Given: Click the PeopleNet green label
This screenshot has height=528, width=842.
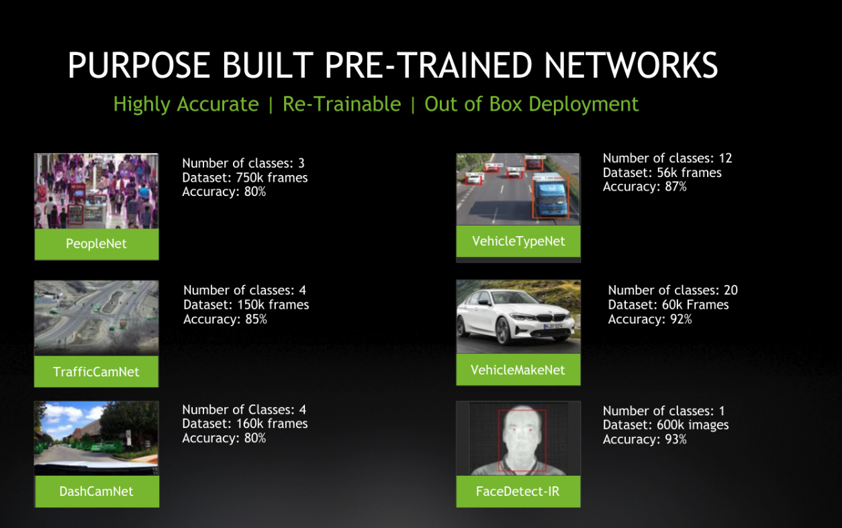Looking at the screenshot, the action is [x=97, y=244].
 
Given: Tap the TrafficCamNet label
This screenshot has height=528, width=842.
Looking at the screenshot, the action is [x=96, y=372].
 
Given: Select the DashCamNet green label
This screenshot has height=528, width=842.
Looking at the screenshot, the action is [x=97, y=491].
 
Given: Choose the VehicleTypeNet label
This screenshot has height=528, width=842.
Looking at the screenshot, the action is [x=518, y=241].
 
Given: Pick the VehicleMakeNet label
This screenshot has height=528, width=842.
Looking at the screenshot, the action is [x=518, y=370].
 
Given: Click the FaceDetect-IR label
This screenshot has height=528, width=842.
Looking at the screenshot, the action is [x=518, y=491].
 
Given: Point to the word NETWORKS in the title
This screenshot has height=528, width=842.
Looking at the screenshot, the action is [x=630, y=65].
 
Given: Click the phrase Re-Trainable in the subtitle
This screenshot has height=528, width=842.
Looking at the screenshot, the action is [x=342, y=104].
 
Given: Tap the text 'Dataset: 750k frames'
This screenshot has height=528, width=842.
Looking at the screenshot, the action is [x=244, y=178].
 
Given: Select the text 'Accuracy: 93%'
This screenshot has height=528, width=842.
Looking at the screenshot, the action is [x=645, y=439].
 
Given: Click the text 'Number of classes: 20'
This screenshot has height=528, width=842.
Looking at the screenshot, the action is [x=673, y=290].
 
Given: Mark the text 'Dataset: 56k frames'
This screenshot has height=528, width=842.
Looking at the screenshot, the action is [x=662, y=172].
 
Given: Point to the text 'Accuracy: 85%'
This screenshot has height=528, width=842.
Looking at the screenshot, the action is [x=225, y=319].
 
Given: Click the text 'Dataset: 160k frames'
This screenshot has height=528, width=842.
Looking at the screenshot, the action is [x=244, y=423].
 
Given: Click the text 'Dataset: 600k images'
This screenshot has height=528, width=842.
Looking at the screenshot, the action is [x=665, y=425].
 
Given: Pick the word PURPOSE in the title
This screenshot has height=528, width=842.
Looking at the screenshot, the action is [x=139, y=65].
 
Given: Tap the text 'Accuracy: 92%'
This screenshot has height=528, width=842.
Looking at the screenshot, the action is [x=650, y=319].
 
